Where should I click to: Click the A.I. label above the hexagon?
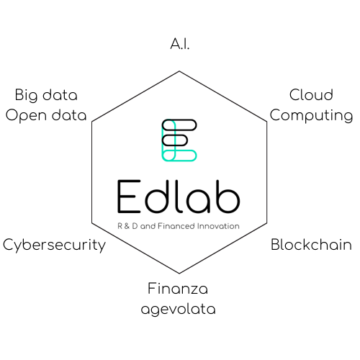click(180, 44)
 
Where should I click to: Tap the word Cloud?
click(311, 94)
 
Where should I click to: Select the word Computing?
click(311, 116)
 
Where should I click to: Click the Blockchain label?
click(311, 245)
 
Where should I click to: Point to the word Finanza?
click(178, 288)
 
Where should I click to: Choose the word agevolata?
click(178, 309)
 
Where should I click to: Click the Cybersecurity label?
click(54, 246)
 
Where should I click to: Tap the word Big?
click(26, 95)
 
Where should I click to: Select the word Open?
click(26, 116)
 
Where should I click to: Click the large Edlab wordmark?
click(179, 197)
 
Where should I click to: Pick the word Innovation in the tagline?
click(218, 226)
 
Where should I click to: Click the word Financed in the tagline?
click(176, 226)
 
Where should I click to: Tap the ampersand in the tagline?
click(127, 226)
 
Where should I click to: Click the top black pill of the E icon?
click(179, 125)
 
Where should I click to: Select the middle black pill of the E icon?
click(174, 140)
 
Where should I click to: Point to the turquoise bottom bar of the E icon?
click(179, 156)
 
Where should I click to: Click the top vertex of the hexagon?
click(179, 71)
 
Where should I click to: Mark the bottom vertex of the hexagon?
click(179, 273)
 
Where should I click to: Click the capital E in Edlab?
click(129, 197)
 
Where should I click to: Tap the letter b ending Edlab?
click(228, 197)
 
